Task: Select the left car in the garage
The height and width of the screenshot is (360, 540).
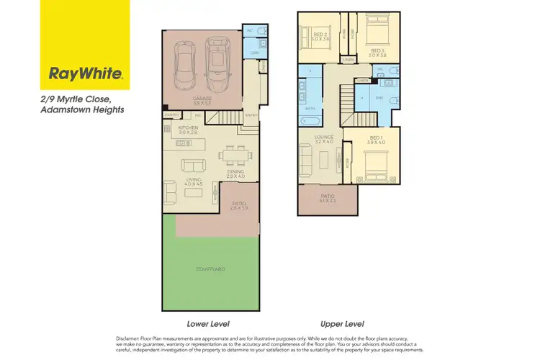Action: coord(184,61)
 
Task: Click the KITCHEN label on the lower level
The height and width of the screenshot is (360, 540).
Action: coord(188,128)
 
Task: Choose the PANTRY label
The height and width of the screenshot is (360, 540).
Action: coord(171,115)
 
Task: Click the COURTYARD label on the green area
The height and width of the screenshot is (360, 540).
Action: coord(212,269)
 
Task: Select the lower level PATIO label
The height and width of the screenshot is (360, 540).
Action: coord(239,204)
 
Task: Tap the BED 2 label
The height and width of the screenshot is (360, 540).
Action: coord(320,35)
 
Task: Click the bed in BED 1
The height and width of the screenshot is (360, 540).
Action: coord(373,163)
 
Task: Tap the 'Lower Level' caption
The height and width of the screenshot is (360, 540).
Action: coord(208,324)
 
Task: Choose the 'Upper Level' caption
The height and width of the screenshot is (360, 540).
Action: coord(343,324)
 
